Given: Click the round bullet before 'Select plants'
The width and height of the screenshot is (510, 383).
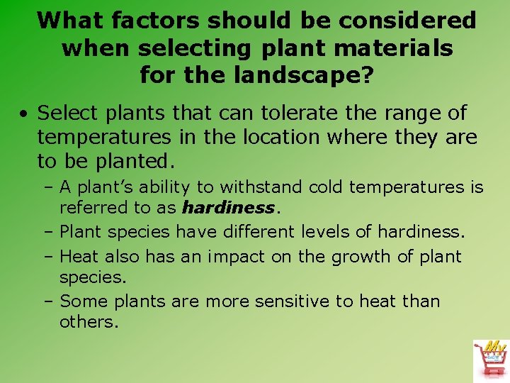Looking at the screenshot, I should tap(24, 114).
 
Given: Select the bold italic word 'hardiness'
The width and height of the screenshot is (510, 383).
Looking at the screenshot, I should tap(227, 208).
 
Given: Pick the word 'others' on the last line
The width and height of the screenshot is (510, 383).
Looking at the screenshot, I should tap(87, 321).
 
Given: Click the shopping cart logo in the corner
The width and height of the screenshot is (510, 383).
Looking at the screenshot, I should tap(490, 359).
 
